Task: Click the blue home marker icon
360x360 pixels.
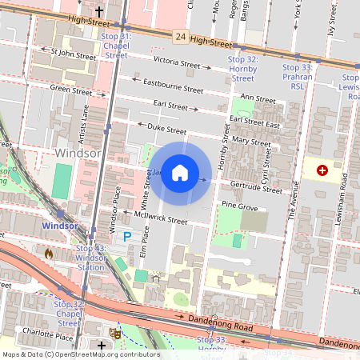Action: tap(180, 173)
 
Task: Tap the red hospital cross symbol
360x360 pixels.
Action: tap(322, 170)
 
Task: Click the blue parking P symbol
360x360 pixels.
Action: tap(126, 237)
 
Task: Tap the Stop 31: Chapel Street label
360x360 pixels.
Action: tap(115, 46)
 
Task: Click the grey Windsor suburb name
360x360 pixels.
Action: tap(78, 152)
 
